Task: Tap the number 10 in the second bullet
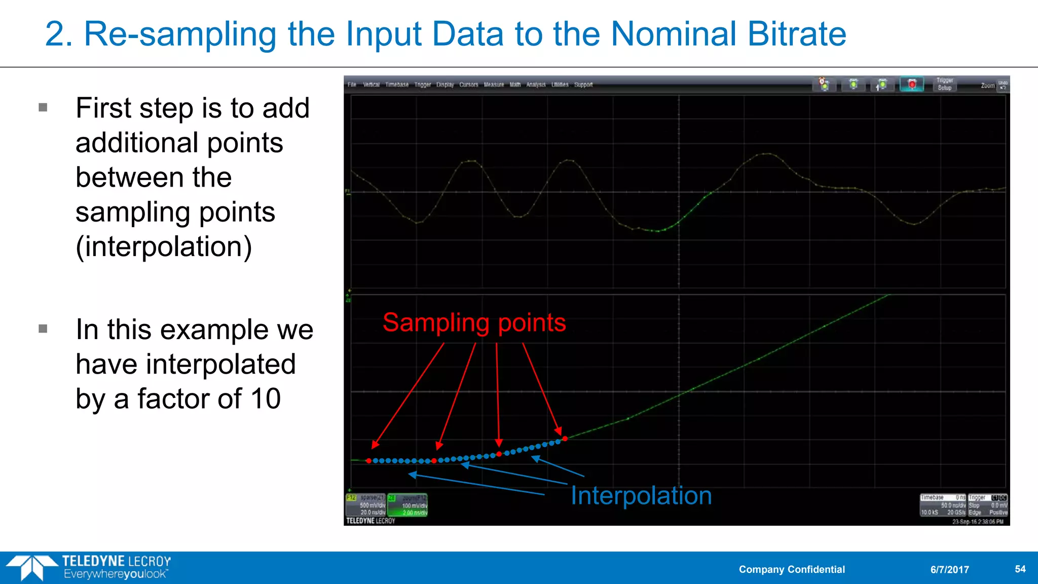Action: tap(266, 399)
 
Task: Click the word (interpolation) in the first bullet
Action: tap(164, 247)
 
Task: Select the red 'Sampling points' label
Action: tap(474, 323)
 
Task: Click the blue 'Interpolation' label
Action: tap(641, 496)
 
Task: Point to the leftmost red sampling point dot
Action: tap(368, 461)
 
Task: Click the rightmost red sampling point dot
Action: tap(565, 439)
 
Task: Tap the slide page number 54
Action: tap(1020, 569)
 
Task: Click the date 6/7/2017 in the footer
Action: tap(949, 569)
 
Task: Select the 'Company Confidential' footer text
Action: tap(792, 569)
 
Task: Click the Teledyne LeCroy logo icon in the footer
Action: tap(31, 567)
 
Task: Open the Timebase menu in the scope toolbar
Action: tap(396, 85)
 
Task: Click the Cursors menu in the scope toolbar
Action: tap(468, 85)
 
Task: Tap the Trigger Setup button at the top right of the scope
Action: tap(944, 84)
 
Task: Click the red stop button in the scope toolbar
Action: tap(912, 84)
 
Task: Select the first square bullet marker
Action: tap(43, 107)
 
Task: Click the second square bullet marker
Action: tap(43, 329)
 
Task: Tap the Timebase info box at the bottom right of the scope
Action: tap(943, 505)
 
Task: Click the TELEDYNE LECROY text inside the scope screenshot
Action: tap(370, 521)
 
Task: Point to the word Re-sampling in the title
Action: tap(180, 34)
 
